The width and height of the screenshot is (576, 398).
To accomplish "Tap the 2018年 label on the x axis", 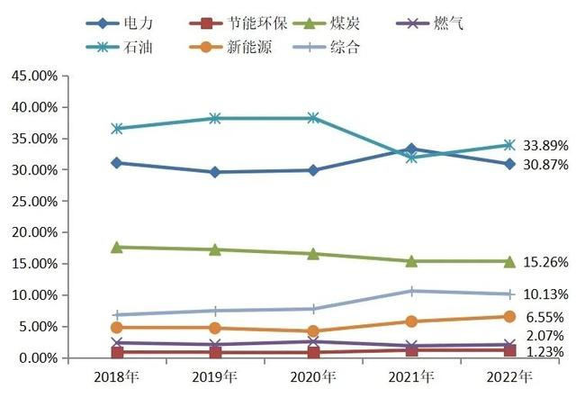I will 115,375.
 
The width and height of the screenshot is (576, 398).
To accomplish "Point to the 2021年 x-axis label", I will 410,375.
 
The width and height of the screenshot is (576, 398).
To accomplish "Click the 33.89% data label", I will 546,145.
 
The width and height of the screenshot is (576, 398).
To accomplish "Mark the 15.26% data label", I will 546,262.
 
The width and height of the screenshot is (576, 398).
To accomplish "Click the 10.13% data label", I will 546,294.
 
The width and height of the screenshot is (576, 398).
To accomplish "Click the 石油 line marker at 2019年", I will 214,118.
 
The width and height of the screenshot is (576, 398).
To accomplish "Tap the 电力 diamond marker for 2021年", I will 411,149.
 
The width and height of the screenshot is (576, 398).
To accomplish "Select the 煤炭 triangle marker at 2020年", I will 312,254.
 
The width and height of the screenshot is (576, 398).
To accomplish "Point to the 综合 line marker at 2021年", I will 411,291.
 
